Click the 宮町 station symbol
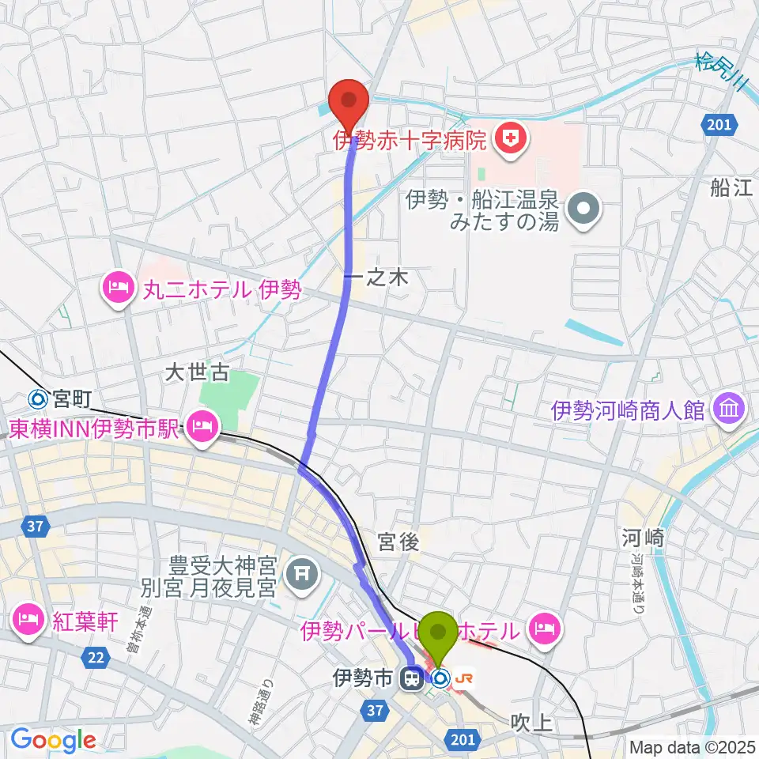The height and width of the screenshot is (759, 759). [36, 399]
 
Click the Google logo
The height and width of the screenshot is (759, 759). [53, 740]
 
